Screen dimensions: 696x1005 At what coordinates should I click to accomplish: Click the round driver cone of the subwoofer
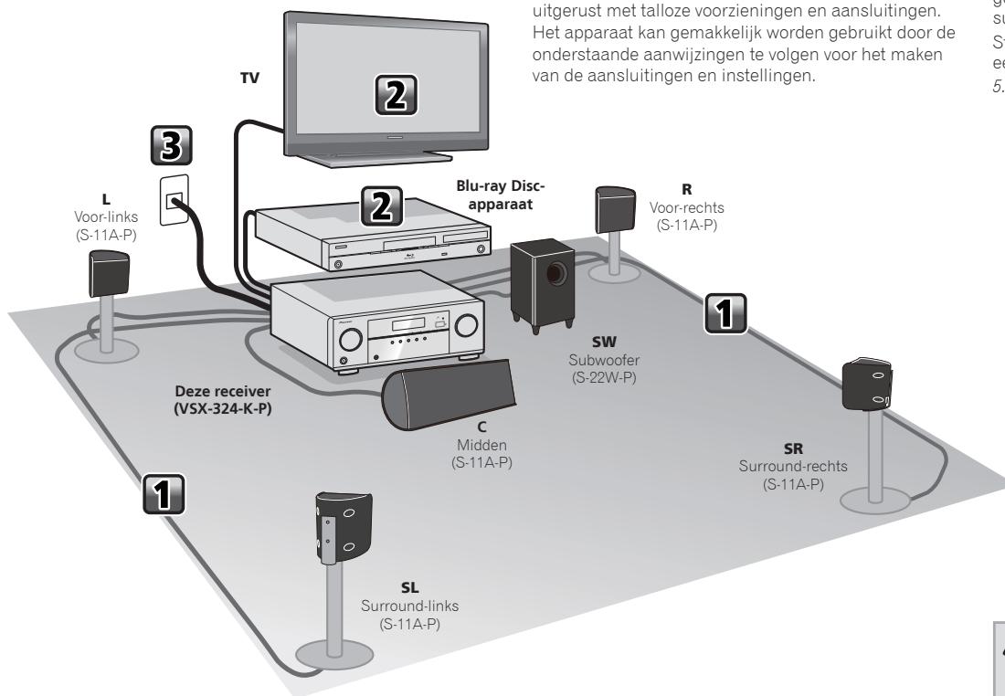click(554, 274)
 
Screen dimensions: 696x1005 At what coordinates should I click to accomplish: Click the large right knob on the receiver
click(466, 324)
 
